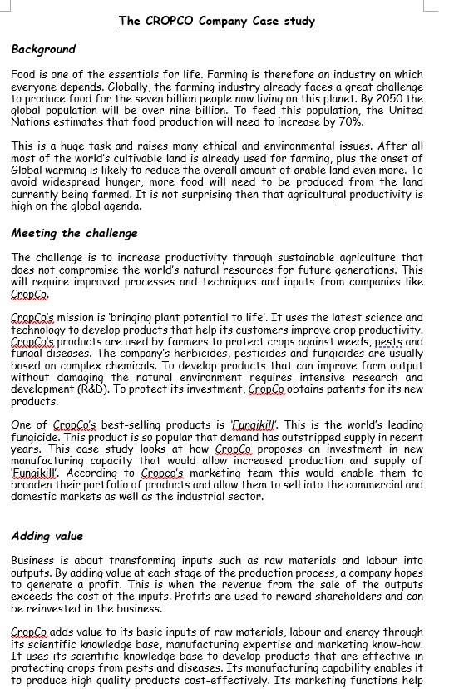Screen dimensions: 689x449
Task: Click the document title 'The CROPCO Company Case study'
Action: [217, 21]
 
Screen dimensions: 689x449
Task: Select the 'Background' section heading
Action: [43, 49]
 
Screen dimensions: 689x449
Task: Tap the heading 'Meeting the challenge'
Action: [74, 233]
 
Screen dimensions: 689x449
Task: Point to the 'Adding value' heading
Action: [47, 536]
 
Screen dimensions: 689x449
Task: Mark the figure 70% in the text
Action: [349, 121]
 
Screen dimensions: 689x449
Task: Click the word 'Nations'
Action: [29, 121]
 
